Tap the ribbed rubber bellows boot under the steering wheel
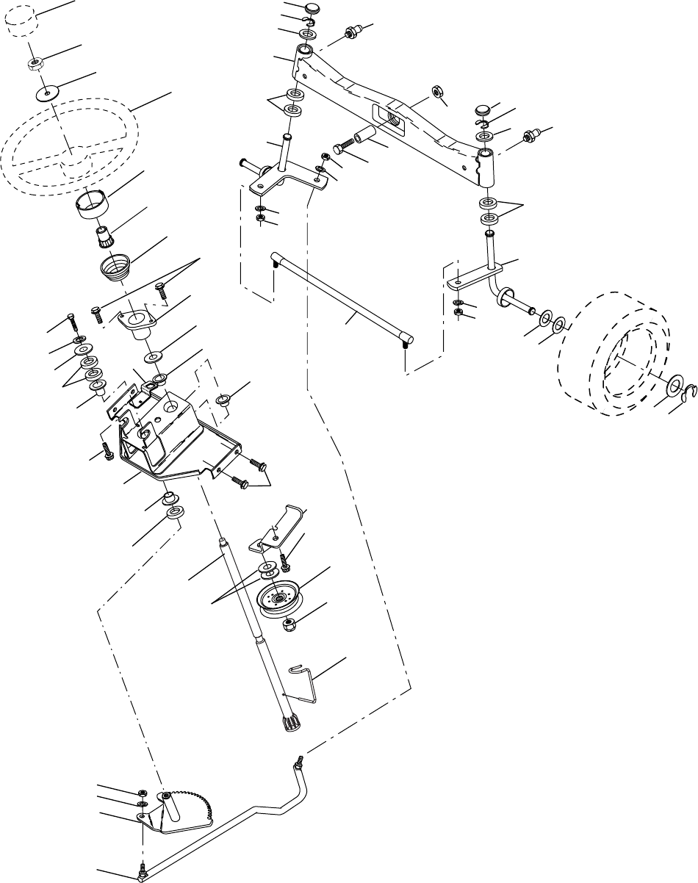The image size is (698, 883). [114, 265]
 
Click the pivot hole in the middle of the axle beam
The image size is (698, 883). [390, 118]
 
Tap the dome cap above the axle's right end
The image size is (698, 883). [482, 110]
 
